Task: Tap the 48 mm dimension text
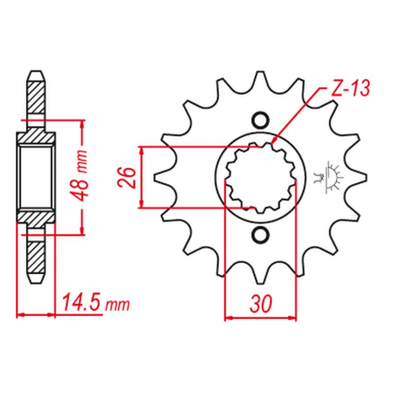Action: [x=81, y=175]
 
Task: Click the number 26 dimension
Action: [x=127, y=178]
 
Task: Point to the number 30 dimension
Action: [x=261, y=303]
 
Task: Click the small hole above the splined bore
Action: [x=260, y=120]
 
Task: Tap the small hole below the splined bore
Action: [x=260, y=235]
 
